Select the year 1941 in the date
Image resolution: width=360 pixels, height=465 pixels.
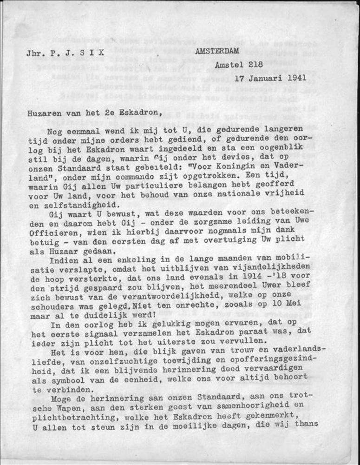295,78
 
